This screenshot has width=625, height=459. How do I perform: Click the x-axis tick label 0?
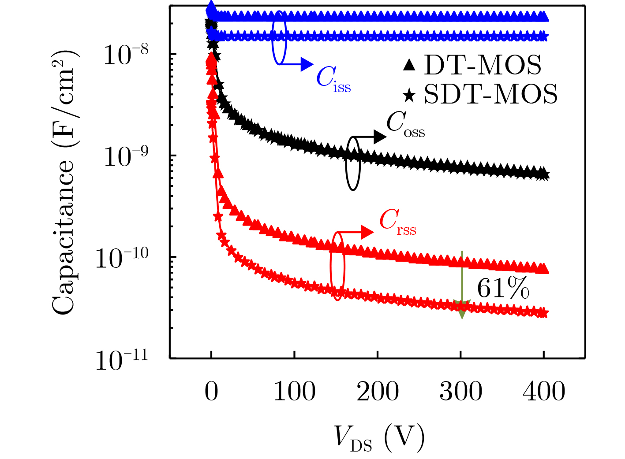(211, 391)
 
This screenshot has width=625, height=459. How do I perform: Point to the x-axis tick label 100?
(294, 391)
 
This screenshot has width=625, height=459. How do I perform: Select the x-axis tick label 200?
(378, 391)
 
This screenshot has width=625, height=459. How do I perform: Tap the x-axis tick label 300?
(460, 391)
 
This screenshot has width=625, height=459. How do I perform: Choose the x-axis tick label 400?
(544, 391)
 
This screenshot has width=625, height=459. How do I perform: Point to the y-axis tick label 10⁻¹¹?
(121, 360)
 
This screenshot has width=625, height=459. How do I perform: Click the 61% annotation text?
(503, 289)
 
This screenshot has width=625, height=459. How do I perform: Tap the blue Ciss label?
(333, 79)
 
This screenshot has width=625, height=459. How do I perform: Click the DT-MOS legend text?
(483, 65)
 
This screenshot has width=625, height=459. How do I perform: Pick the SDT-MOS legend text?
(490, 94)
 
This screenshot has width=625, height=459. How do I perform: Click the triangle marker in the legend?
(409, 66)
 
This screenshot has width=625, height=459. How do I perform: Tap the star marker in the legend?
(409, 94)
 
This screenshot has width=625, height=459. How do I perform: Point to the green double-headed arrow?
(462, 284)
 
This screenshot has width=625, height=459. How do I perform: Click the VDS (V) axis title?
(378, 438)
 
